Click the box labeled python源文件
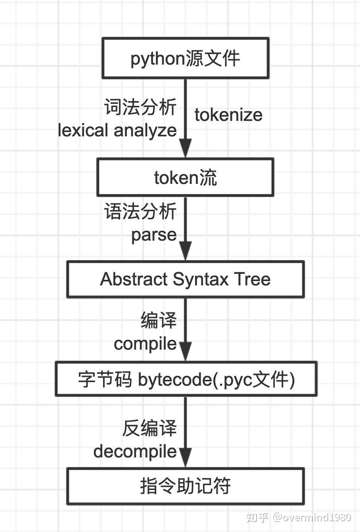pos(185,58)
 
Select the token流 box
pos(185,177)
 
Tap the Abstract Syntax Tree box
pos(185,279)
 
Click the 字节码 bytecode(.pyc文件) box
pos(186,379)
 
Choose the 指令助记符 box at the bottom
pos(185,486)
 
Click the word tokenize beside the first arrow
pos(228,115)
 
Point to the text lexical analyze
pos(117,130)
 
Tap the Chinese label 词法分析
pos(140,107)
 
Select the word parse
pos(154,235)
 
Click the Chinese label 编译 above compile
pos(159,320)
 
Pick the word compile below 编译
pos(145,344)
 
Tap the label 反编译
pos(149,428)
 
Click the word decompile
pos(135,452)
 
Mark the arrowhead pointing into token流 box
pos(185,148)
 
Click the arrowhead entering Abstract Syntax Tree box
pos(185,251)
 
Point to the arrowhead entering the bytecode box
pos(185,351)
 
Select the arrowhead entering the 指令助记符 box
pos(185,458)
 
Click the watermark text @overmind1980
pos(312,517)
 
